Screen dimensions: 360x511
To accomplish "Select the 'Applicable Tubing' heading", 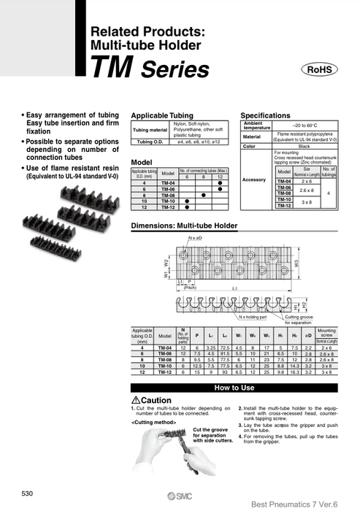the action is pyautogui.click(x=161, y=116).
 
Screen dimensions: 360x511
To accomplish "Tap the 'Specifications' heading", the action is pyautogui.click(x=265, y=116).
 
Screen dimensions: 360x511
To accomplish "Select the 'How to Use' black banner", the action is pyautogui.click(x=234, y=388).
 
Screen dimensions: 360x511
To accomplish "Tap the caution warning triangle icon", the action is pyautogui.click(x=135, y=401).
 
